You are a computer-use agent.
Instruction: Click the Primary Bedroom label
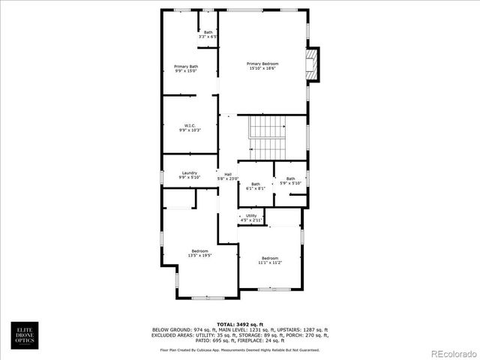pyautogui.click(x=262, y=66)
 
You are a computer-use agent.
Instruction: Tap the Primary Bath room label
pyautogui.click(x=186, y=69)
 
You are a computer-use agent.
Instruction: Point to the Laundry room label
pyautogui.click(x=190, y=175)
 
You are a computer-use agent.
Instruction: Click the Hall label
pyautogui.click(x=227, y=176)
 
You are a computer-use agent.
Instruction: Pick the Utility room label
pyautogui.click(x=251, y=217)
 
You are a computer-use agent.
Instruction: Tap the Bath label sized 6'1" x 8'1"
pyautogui.click(x=256, y=186)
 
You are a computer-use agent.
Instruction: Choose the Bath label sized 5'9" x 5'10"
pyautogui.click(x=290, y=180)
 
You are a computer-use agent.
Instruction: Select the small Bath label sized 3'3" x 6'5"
pyautogui.click(x=208, y=34)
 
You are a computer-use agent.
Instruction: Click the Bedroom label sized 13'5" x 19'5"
pyautogui.click(x=199, y=253)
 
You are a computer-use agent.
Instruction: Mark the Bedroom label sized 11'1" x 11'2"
pyautogui.click(x=270, y=259)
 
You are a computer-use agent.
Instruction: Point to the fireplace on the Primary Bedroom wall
pyautogui.click(x=312, y=64)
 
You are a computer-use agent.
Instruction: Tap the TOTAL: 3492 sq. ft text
pyautogui.click(x=240, y=323)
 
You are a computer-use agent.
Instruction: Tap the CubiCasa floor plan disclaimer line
pyautogui.click(x=240, y=349)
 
